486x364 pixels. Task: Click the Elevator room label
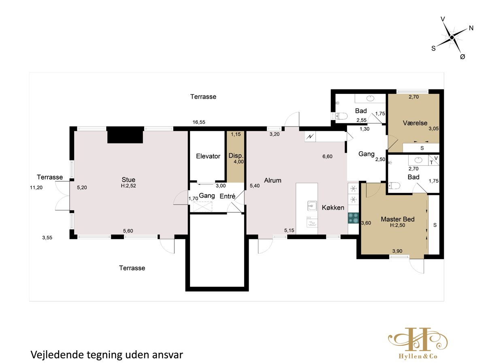click(208, 156)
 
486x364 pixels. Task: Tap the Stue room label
click(128, 180)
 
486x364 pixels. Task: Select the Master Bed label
click(397, 219)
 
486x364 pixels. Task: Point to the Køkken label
click(333, 207)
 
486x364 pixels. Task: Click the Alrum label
click(273, 180)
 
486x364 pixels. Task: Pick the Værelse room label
click(415, 123)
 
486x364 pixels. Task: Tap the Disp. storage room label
click(236, 156)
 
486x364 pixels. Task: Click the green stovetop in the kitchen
click(353, 218)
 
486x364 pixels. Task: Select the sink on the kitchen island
click(312, 206)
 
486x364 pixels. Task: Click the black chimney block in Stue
click(125, 135)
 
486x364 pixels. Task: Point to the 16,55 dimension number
click(199, 122)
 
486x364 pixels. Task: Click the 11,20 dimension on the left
click(36, 187)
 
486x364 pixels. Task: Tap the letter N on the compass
click(471, 28)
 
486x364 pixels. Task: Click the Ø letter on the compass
click(463, 57)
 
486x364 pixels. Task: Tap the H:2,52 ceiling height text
click(128, 186)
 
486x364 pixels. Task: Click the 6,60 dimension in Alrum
click(328, 157)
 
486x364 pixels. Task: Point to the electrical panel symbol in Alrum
click(310, 137)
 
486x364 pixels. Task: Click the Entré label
click(227, 196)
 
